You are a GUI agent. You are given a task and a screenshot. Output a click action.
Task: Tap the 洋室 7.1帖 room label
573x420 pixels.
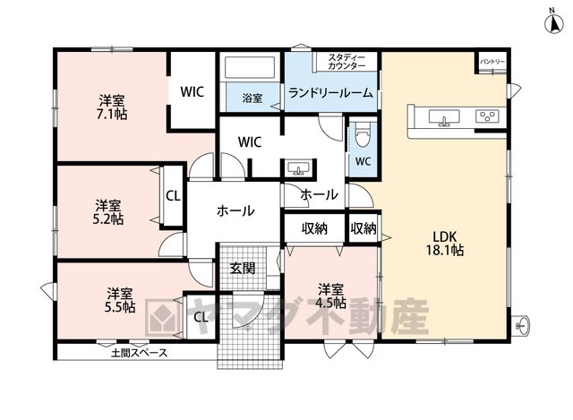click(x=112, y=107)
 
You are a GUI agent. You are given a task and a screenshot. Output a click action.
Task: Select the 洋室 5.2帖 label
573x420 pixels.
click(x=108, y=212)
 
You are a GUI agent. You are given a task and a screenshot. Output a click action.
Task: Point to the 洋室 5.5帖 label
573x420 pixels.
click(x=119, y=300)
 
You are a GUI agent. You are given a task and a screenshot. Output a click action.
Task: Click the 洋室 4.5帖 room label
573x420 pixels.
click(x=330, y=296)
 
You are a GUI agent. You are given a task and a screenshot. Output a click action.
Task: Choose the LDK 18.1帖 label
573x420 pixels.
click(x=445, y=243)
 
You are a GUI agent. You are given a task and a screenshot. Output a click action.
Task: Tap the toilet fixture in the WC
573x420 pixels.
click(x=363, y=134)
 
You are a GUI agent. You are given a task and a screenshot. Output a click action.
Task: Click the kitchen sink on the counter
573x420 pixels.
click(x=444, y=118)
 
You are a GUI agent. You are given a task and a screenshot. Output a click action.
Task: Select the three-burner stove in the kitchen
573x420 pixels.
click(x=487, y=116)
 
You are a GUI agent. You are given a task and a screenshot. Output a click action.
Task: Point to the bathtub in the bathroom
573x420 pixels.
click(x=250, y=67)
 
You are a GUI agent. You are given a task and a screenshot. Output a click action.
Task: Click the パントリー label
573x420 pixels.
click(x=492, y=62)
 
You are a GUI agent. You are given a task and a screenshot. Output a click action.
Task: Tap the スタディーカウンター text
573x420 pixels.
click(x=346, y=62)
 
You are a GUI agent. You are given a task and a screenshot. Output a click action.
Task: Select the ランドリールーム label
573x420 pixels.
click(x=330, y=93)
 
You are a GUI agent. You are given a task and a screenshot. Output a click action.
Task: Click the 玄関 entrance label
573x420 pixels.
click(x=243, y=269)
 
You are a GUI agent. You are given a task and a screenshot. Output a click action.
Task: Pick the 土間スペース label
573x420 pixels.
click(x=140, y=353)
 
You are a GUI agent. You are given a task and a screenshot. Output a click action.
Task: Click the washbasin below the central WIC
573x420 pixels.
click(x=298, y=167)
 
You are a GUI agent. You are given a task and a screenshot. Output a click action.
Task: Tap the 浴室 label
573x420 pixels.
click(x=252, y=98)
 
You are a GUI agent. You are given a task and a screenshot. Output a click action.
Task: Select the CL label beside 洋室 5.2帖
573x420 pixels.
click(x=173, y=196)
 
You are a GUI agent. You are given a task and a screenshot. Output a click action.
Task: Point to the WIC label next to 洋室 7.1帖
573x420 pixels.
click(x=192, y=91)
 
